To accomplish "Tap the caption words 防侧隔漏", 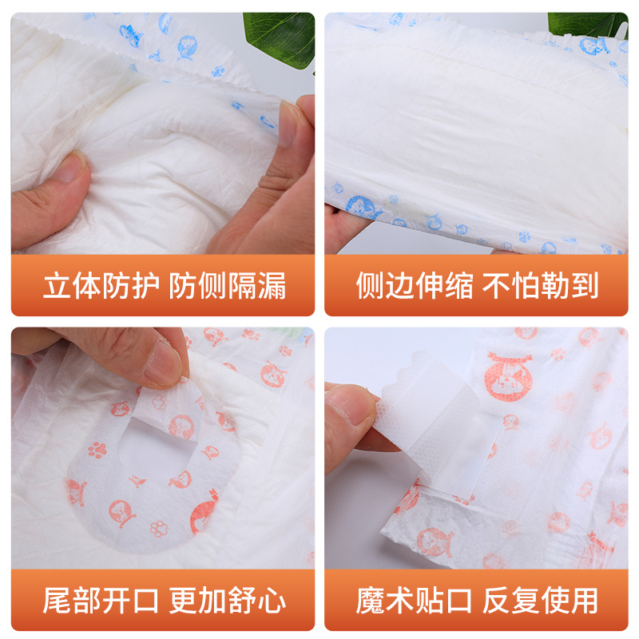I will coord(228,286).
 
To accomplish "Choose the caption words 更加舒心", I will coord(228,600).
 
